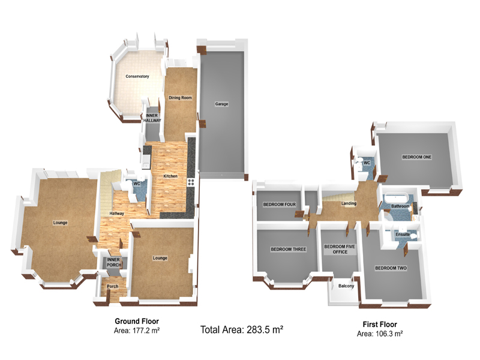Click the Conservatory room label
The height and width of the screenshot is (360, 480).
(x=137, y=76)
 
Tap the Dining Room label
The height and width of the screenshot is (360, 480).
(x=181, y=98)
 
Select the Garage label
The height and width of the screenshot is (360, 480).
(x=221, y=104)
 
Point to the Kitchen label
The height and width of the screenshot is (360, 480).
(x=170, y=176)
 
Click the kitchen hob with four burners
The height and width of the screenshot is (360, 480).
(x=191, y=182)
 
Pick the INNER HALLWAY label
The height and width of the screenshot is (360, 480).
(x=152, y=118)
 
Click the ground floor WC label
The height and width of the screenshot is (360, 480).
(x=137, y=184)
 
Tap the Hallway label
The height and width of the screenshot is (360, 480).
(x=116, y=214)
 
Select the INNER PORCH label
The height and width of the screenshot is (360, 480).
(x=113, y=262)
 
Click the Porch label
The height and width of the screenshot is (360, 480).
(x=113, y=286)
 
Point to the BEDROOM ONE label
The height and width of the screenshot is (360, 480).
(x=416, y=157)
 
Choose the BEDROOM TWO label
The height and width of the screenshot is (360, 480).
(x=391, y=268)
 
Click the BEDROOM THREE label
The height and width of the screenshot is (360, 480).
(x=289, y=249)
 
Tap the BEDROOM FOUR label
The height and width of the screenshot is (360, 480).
(x=280, y=205)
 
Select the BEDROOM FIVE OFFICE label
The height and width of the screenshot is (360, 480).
(x=340, y=249)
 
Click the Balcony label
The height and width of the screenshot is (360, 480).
(x=346, y=286)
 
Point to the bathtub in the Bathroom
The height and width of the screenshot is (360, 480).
(x=397, y=197)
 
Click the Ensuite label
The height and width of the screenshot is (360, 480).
(x=403, y=234)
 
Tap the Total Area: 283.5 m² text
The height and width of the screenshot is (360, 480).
(x=242, y=329)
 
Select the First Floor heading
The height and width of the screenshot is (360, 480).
(x=380, y=324)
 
